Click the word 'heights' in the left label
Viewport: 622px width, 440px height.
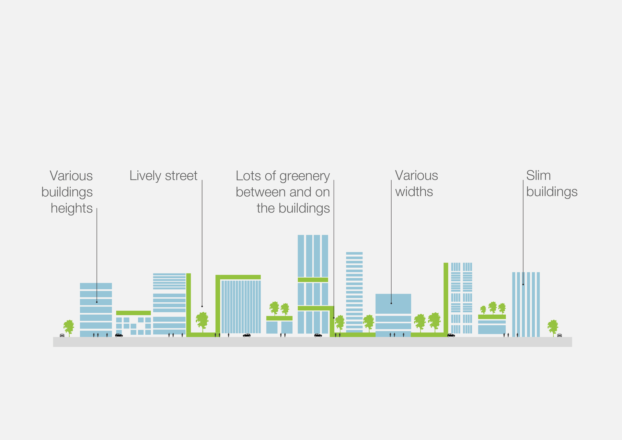click(72, 208)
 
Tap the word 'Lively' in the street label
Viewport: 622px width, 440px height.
click(145, 176)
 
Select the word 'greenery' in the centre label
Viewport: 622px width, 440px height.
click(305, 176)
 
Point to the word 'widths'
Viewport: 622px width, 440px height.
click(414, 192)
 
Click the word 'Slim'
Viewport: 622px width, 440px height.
click(538, 176)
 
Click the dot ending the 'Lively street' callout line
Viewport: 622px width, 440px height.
click(202, 306)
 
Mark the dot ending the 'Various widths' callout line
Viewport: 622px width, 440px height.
click(391, 303)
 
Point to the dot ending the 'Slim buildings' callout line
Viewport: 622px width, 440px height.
click(523, 284)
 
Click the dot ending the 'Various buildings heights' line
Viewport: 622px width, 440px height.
click(97, 302)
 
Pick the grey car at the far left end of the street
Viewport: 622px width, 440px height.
click(62, 335)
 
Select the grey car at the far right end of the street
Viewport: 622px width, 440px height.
click(559, 335)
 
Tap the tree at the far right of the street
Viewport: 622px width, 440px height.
click(553, 327)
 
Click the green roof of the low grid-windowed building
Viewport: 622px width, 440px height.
click(133, 313)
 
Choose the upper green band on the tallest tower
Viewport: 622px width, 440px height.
click(313, 280)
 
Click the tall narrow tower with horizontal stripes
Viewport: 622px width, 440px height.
click(354, 292)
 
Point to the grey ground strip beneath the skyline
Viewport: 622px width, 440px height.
click(312, 342)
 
